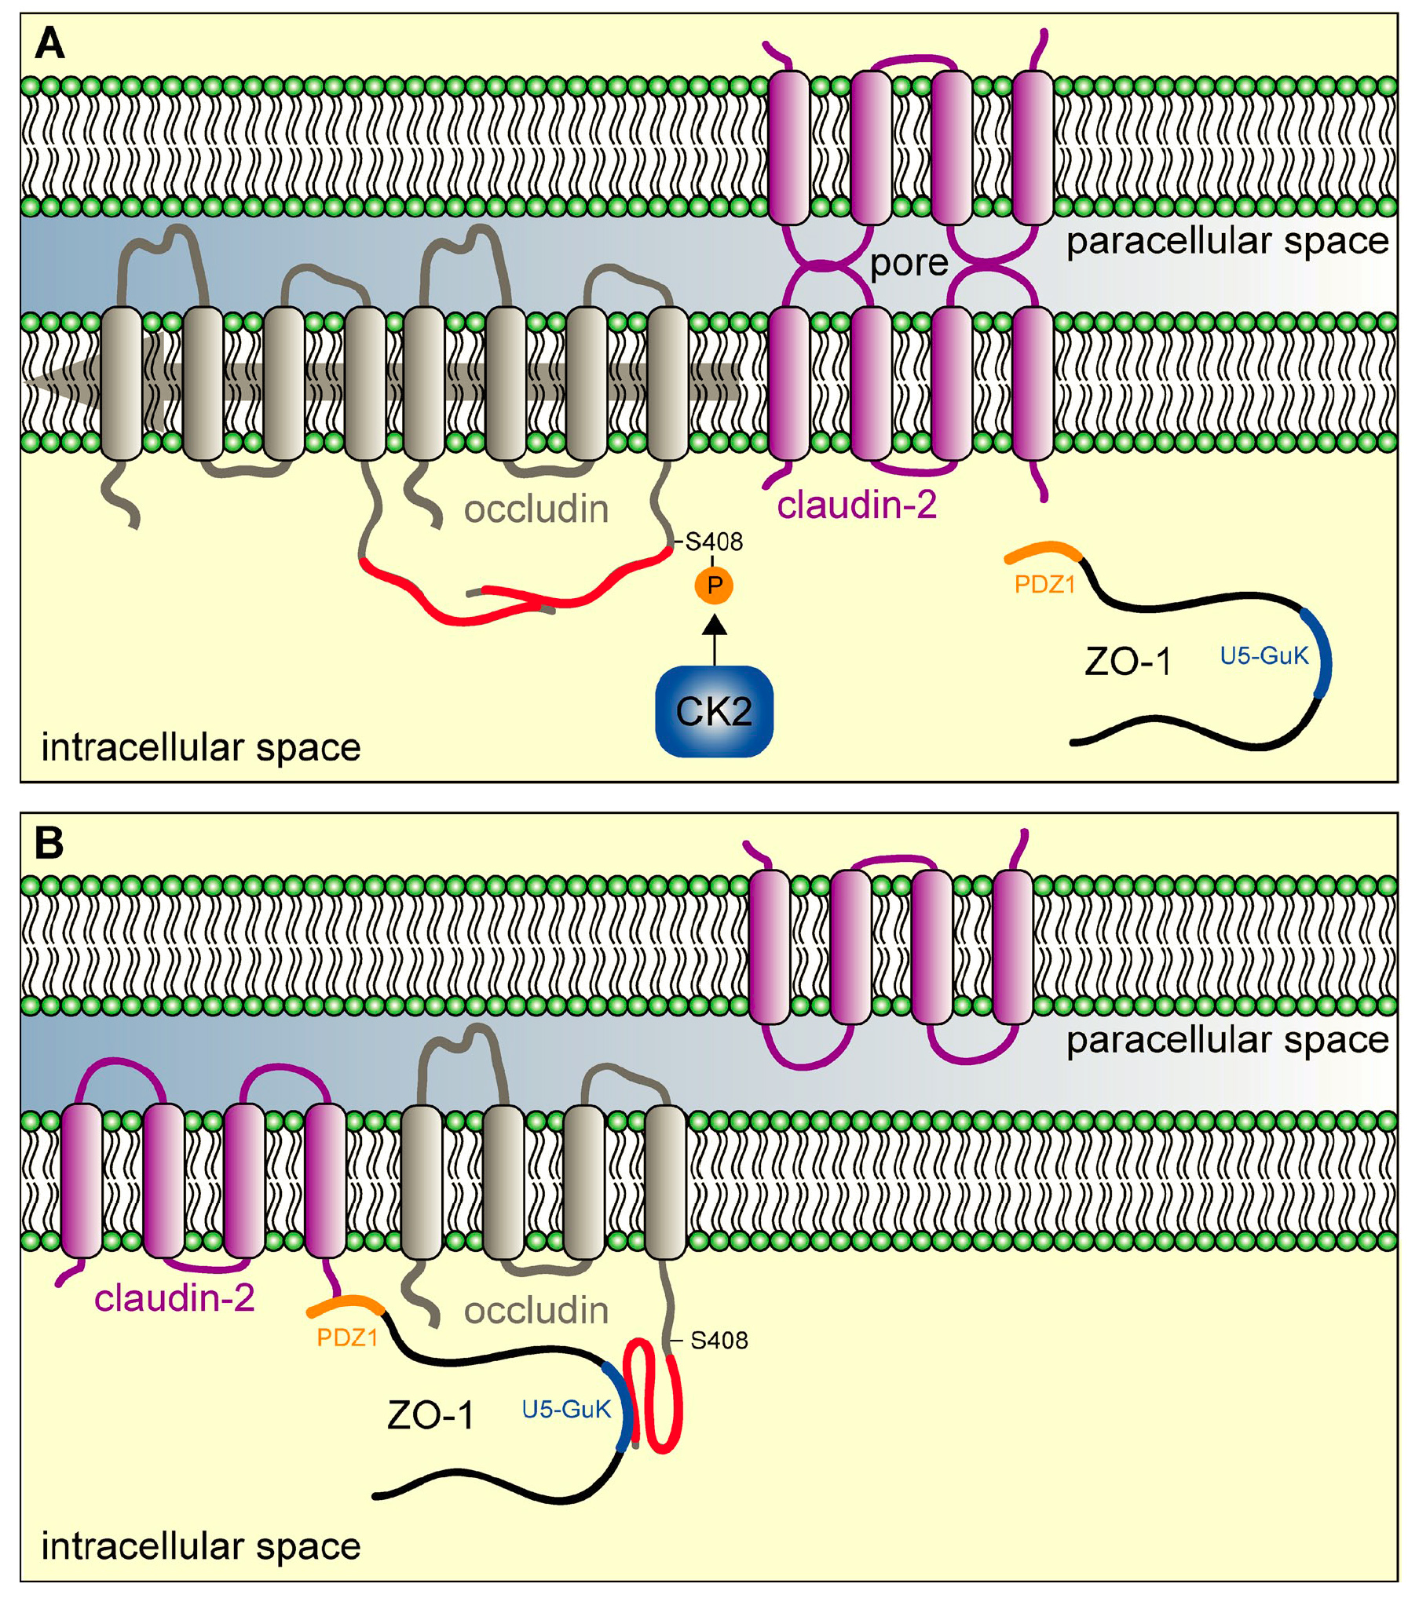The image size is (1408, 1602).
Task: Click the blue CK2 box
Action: click(x=713, y=710)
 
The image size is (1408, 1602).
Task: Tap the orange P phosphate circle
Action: click(x=713, y=585)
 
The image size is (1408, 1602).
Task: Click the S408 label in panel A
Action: click(x=713, y=542)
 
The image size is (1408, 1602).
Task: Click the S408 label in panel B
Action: click(x=719, y=1341)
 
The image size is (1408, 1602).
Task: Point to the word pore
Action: click(x=909, y=263)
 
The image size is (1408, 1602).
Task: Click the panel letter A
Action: click(x=49, y=44)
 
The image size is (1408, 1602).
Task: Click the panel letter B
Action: click(x=49, y=844)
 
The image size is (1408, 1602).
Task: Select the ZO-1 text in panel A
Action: click(x=1128, y=662)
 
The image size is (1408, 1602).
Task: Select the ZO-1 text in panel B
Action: click(x=430, y=1416)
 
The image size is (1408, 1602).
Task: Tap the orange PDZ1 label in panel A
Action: click(x=1044, y=585)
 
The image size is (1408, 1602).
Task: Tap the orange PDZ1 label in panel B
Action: click(x=347, y=1337)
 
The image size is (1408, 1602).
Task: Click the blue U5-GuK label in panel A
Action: click(x=1264, y=656)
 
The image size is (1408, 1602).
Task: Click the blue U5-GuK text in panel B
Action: click(x=566, y=1410)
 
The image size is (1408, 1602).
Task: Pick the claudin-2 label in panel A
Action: click(x=857, y=505)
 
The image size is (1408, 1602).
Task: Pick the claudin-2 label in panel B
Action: click(x=174, y=1298)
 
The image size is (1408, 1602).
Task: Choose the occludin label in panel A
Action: click(x=536, y=510)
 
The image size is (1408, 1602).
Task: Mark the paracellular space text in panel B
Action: click(x=1227, y=1040)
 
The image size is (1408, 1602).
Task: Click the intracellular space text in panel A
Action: click(x=201, y=747)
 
